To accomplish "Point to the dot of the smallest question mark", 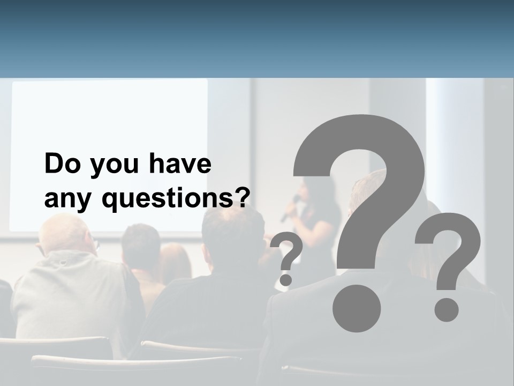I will tap(286, 279).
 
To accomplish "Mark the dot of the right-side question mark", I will tap(445, 310).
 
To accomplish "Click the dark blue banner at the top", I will tap(257, 38).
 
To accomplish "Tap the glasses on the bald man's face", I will tap(95, 246).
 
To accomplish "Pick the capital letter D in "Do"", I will tap(54, 164).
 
